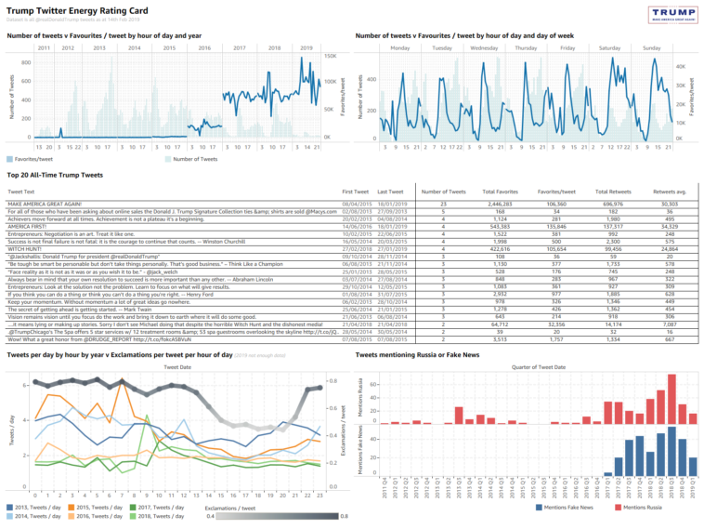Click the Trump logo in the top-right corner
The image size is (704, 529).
pyautogui.click(x=675, y=15)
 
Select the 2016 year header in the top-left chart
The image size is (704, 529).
pyautogui.click(x=204, y=46)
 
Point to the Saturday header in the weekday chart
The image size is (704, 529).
pyautogui.click(x=610, y=46)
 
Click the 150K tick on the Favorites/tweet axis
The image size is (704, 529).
pyautogui.click(x=330, y=57)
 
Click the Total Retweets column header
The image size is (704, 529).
pyautogui.click(x=608, y=190)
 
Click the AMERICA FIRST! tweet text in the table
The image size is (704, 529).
pyautogui.click(x=29, y=226)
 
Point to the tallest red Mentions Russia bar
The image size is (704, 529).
pyautogui.click(x=671, y=400)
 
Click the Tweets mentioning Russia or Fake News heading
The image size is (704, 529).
pyautogui.click(x=420, y=354)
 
